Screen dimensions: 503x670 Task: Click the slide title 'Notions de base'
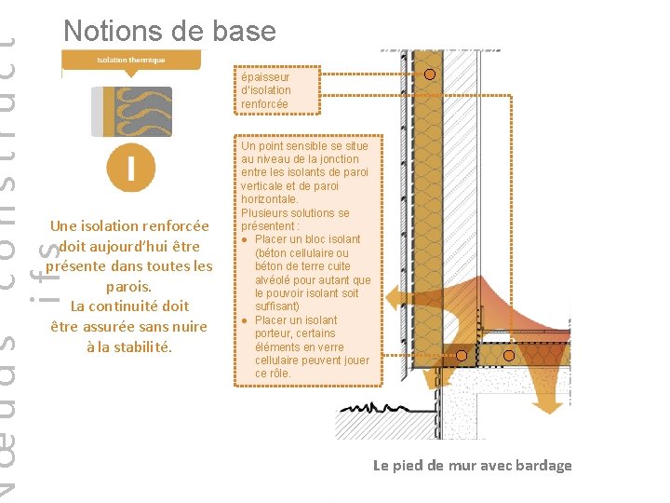[x=169, y=31]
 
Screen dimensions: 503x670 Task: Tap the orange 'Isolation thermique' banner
[x=131, y=61]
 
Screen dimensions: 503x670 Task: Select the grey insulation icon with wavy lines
[x=132, y=112]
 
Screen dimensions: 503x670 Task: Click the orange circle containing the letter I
[x=131, y=168]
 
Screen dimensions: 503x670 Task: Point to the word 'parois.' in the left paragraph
[x=128, y=286]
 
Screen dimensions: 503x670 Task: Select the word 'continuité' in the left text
[x=129, y=306]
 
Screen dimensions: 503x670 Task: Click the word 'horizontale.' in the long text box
[x=270, y=199]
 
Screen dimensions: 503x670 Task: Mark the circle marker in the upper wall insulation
[x=430, y=75]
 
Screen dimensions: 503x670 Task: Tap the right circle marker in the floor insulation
[x=509, y=355]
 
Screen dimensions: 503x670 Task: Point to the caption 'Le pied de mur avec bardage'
[x=472, y=465]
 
